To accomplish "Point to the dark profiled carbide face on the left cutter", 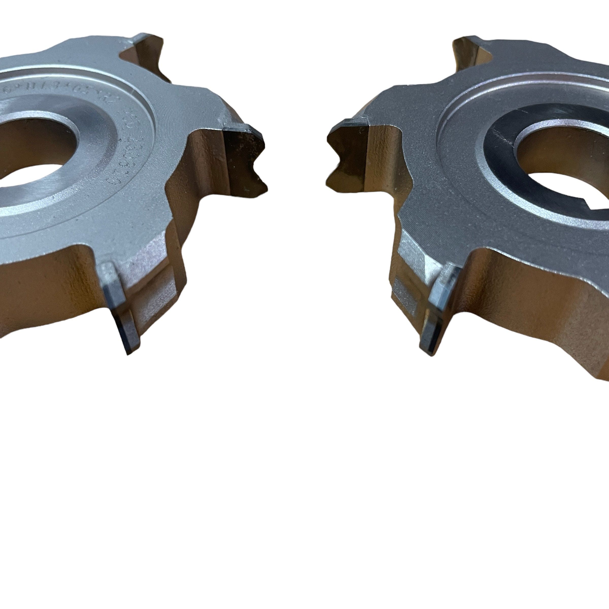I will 243,158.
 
